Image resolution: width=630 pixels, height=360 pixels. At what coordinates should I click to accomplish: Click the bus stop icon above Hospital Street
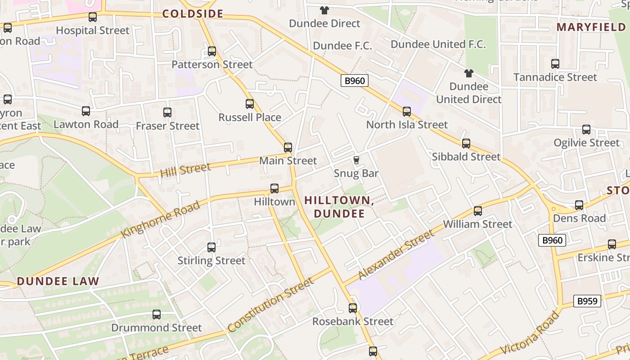pyautogui.click(x=93, y=17)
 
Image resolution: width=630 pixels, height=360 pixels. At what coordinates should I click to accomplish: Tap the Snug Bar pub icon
pyautogui.click(x=356, y=160)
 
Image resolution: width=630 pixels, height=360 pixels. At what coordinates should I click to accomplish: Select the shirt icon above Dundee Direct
pyautogui.click(x=324, y=10)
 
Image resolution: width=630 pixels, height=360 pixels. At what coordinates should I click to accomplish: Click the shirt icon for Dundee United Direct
pyautogui.click(x=468, y=73)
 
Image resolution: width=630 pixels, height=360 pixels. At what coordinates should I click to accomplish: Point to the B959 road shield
pyautogui.click(x=587, y=301)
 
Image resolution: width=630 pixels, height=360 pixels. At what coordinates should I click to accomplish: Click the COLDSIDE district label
pyautogui.click(x=193, y=14)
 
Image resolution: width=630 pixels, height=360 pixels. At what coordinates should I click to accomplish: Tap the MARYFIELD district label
pyautogui.click(x=591, y=27)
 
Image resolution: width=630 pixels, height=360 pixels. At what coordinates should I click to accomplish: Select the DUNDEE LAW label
pyautogui.click(x=58, y=282)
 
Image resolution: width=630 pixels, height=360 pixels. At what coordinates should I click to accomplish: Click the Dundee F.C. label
pyautogui.click(x=342, y=45)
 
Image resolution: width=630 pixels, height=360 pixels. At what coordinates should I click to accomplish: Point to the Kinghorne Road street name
pyautogui.click(x=161, y=220)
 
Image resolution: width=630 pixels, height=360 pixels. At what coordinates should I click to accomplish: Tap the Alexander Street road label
pyautogui.click(x=396, y=255)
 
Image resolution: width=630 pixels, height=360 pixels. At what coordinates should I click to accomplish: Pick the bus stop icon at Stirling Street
pyautogui.click(x=211, y=247)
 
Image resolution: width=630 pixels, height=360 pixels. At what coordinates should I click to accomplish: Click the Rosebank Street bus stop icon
pyautogui.click(x=353, y=308)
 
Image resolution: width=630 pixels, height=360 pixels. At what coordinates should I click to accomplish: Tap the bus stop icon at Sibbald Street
pyautogui.click(x=466, y=144)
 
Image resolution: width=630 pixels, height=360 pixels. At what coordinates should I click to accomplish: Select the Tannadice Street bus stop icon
pyautogui.click(x=555, y=64)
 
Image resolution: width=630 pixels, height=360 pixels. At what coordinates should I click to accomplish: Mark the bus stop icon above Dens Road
pyautogui.click(x=579, y=205)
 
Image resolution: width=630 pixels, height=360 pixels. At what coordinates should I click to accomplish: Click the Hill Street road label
pyautogui.click(x=185, y=170)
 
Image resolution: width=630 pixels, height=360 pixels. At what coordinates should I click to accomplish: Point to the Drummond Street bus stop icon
pyautogui.click(x=157, y=315)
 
